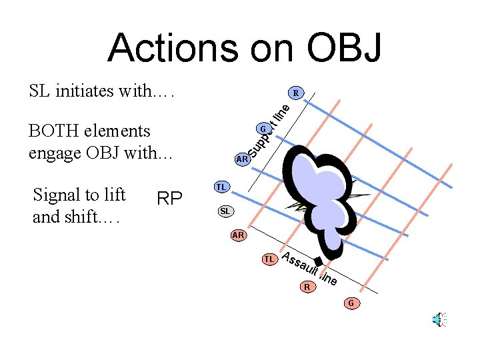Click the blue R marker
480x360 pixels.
coord(295,93)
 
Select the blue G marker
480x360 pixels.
coord(263,129)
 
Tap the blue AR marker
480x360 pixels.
coord(242,159)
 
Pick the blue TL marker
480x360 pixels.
coord(221,187)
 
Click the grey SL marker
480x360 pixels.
coord(225,211)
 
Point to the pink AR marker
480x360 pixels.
coord(239,235)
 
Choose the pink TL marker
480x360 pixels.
coord(269,258)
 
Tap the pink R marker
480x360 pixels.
coord(307,287)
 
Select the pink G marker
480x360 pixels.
coord(351,304)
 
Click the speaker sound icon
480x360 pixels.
coord(439,320)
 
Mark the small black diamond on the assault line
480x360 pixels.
coord(319,262)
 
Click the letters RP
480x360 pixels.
coord(169,199)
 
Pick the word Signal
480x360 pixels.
coord(58,195)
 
